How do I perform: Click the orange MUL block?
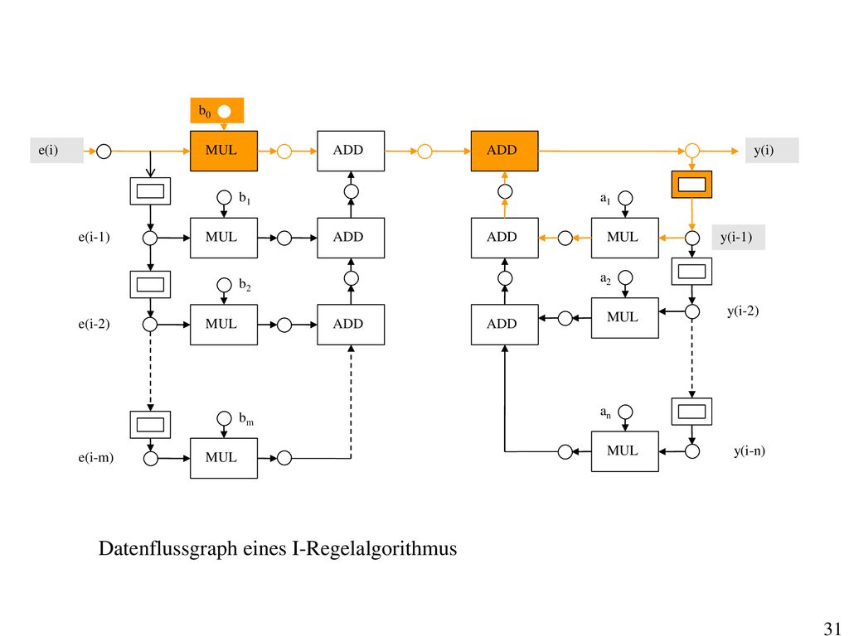point(224,151)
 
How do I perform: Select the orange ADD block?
point(505,151)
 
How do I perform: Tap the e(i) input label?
point(48,151)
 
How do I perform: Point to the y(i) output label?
point(764,151)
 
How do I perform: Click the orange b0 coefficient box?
point(217,111)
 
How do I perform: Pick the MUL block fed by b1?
point(224,238)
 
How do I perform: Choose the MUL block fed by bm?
point(224,458)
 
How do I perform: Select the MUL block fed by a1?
point(625,238)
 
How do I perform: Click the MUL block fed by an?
point(625,451)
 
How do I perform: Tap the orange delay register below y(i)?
point(692,185)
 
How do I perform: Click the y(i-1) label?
point(736,238)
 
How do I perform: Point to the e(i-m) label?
point(96,457)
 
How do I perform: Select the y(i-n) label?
point(750,451)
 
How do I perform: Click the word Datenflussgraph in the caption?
point(167,549)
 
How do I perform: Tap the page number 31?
point(832,628)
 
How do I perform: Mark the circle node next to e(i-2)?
point(150,325)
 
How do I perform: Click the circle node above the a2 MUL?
point(625,278)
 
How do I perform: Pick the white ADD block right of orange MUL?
point(351,151)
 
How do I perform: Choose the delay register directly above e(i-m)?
point(151,425)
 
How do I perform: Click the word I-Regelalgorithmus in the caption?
point(374,549)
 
